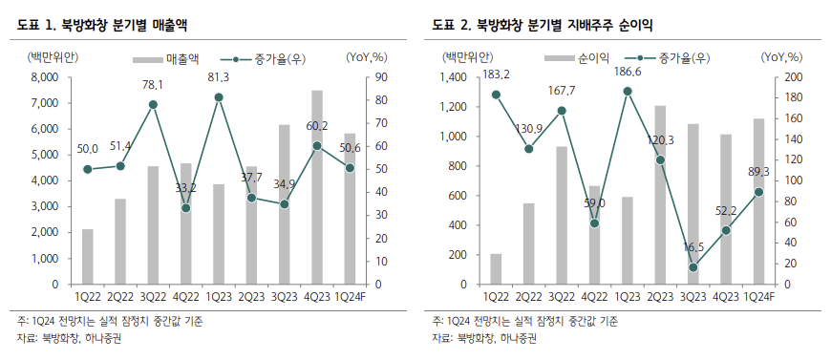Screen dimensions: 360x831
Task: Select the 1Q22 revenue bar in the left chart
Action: point(88,257)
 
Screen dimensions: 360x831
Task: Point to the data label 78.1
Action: point(153,85)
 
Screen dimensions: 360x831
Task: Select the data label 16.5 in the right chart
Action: point(692,247)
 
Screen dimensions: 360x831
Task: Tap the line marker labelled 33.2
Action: point(186,207)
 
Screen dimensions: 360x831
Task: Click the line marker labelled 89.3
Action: point(758,192)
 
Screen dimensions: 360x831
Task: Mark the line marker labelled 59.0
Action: point(594,223)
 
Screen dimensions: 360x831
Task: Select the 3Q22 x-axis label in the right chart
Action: point(562,297)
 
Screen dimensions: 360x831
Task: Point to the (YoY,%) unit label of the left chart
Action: point(367,58)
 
